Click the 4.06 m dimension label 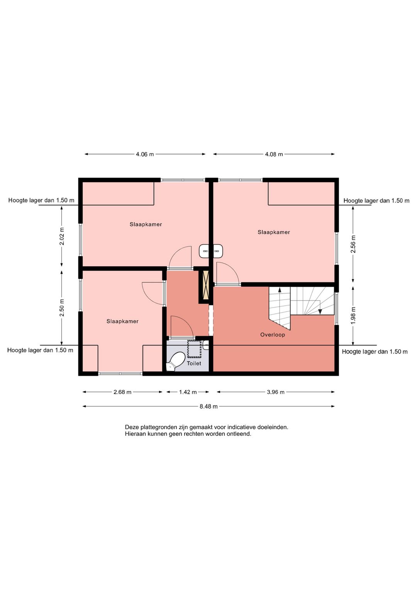click(x=145, y=154)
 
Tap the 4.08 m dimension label click(x=274, y=154)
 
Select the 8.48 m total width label click(x=208, y=406)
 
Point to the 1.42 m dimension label click(x=188, y=392)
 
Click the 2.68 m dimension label click(x=122, y=392)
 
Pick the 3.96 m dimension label click(x=276, y=392)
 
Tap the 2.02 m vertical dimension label click(x=62, y=236)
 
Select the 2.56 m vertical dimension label click(x=353, y=244)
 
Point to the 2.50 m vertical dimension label click(x=62, y=308)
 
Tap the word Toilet click(x=194, y=363)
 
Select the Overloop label click(x=273, y=335)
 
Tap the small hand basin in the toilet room click(x=206, y=345)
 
